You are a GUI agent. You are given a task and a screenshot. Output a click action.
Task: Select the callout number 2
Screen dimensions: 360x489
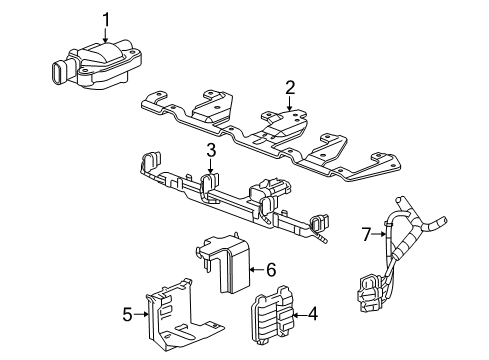point(290,88)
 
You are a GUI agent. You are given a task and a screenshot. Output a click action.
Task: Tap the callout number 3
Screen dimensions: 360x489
point(211,151)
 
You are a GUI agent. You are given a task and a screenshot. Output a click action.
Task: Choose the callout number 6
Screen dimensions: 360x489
point(270,268)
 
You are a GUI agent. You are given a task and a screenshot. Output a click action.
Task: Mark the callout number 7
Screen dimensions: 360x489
point(365,233)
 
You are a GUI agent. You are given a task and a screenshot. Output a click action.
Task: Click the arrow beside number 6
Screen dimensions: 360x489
point(255,268)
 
